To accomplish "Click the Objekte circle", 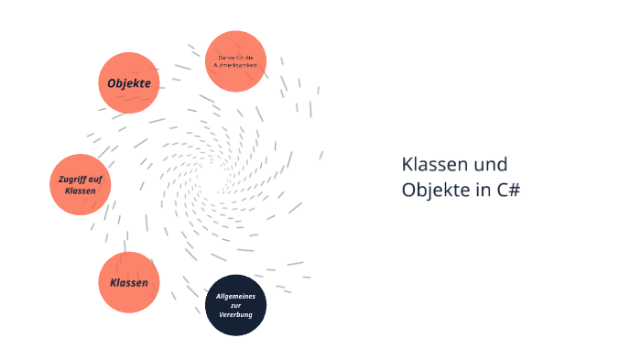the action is [129, 82].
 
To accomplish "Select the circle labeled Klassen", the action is [129, 282].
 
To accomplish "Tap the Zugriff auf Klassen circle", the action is [80, 184].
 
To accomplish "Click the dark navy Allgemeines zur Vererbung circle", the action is [235, 305].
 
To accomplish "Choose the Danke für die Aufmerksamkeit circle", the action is [235, 61].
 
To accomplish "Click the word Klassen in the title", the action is [434, 165].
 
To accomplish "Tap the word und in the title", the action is [490, 165].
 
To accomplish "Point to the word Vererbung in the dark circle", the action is [235, 315].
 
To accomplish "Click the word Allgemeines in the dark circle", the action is [235, 296].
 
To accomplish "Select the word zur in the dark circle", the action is [235, 305].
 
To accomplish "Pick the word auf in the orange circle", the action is [94, 178].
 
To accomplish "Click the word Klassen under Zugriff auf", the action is [80, 191].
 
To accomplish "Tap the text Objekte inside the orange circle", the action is [129, 83].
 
